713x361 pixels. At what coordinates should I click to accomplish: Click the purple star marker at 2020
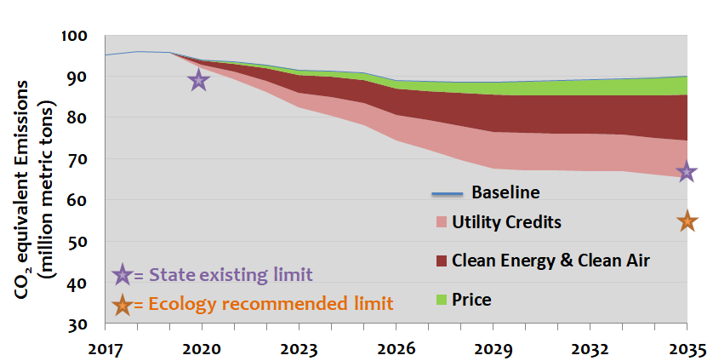click(198, 80)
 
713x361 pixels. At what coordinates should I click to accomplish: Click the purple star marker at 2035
click(687, 172)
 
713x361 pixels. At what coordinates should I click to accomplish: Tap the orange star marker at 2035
click(687, 221)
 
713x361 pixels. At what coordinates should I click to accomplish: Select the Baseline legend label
click(505, 191)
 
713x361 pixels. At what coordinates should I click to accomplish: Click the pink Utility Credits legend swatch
click(439, 222)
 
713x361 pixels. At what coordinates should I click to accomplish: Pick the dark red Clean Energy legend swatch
click(439, 261)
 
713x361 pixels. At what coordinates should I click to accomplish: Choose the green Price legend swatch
click(439, 299)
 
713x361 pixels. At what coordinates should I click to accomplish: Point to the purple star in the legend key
click(123, 274)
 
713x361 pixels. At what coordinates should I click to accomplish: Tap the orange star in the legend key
click(123, 303)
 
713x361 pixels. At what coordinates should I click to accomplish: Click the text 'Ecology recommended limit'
click(270, 303)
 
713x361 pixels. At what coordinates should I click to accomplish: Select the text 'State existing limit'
click(230, 274)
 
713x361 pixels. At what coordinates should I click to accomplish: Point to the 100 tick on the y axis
click(75, 36)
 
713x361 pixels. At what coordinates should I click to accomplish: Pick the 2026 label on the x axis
click(396, 347)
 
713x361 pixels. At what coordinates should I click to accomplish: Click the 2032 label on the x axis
click(590, 347)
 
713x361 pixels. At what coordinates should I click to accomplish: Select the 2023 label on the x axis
click(299, 347)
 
